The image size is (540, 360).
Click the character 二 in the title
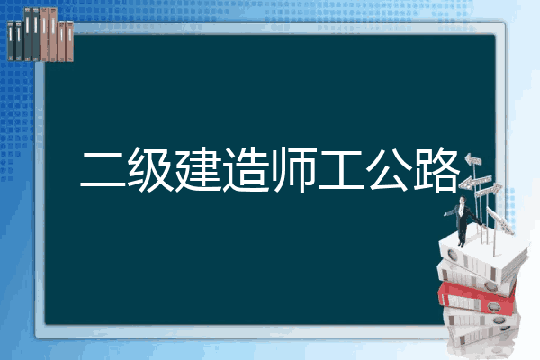pyautogui.click(x=103, y=169)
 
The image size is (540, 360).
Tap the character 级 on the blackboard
pyautogui.click(x=151, y=169)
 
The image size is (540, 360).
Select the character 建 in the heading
pyautogui.click(x=198, y=169)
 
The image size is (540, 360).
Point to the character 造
pyautogui.click(x=246, y=169)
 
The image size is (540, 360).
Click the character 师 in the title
pyautogui.click(x=293, y=169)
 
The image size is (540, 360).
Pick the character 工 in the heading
pyautogui.click(x=341, y=169)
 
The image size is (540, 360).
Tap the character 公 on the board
pyautogui.click(x=389, y=169)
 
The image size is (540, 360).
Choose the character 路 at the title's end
pyautogui.click(x=436, y=169)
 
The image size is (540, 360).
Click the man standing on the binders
pyautogui.click(x=463, y=220)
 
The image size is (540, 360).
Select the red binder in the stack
pyautogui.click(x=476, y=297)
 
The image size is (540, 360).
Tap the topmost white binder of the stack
pyautogui.click(x=482, y=256)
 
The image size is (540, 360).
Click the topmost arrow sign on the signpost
pyautogui.click(x=473, y=160)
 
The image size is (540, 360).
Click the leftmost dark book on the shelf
pyautogui.click(x=11, y=41)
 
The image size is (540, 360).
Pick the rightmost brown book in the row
pyautogui.click(x=69, y=41)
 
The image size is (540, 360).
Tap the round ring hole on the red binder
pyautogui.click(x=493, y=306)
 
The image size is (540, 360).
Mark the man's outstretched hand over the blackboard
pyautogui.click(x=446, y=214)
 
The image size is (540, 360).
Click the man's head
pyautogui.click(x=463, y=200)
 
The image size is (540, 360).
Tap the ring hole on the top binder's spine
pyautogui.click(x=452, y=256)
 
